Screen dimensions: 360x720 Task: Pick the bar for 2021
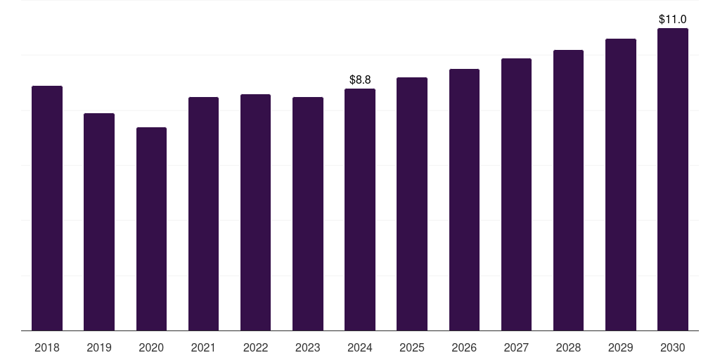click(203, 214)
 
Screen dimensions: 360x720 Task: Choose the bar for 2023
click(308, 214)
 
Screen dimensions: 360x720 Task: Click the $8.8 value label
click(360, 80)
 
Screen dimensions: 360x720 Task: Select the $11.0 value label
click(673, 20)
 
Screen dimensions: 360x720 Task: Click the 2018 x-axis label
click(47, 347)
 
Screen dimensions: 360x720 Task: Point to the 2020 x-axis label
click(151, 347)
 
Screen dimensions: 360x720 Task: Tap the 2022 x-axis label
click(255, 347)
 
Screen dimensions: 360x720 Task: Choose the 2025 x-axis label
click(412, 347)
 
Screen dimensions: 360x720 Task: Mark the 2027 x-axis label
click(516, 347)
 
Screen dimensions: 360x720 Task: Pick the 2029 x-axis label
click(621, 347)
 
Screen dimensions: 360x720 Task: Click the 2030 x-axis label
click(673, 347)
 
